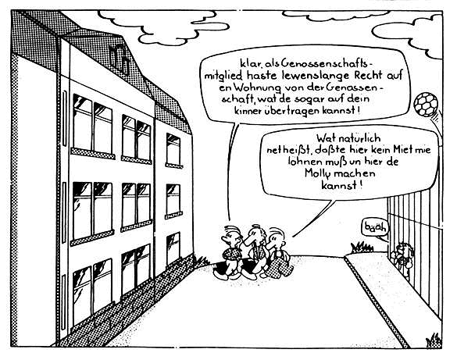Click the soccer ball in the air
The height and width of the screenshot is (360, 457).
[426, 105]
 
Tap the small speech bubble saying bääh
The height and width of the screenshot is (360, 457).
[376, 227]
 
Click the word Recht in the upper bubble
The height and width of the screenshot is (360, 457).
[368, 75]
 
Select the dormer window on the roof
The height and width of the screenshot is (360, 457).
[120, 59]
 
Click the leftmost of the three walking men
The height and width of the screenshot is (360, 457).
[230, 252]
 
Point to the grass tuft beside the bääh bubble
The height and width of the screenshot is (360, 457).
[362, 248]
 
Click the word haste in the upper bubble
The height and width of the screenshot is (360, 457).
[262, 75]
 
